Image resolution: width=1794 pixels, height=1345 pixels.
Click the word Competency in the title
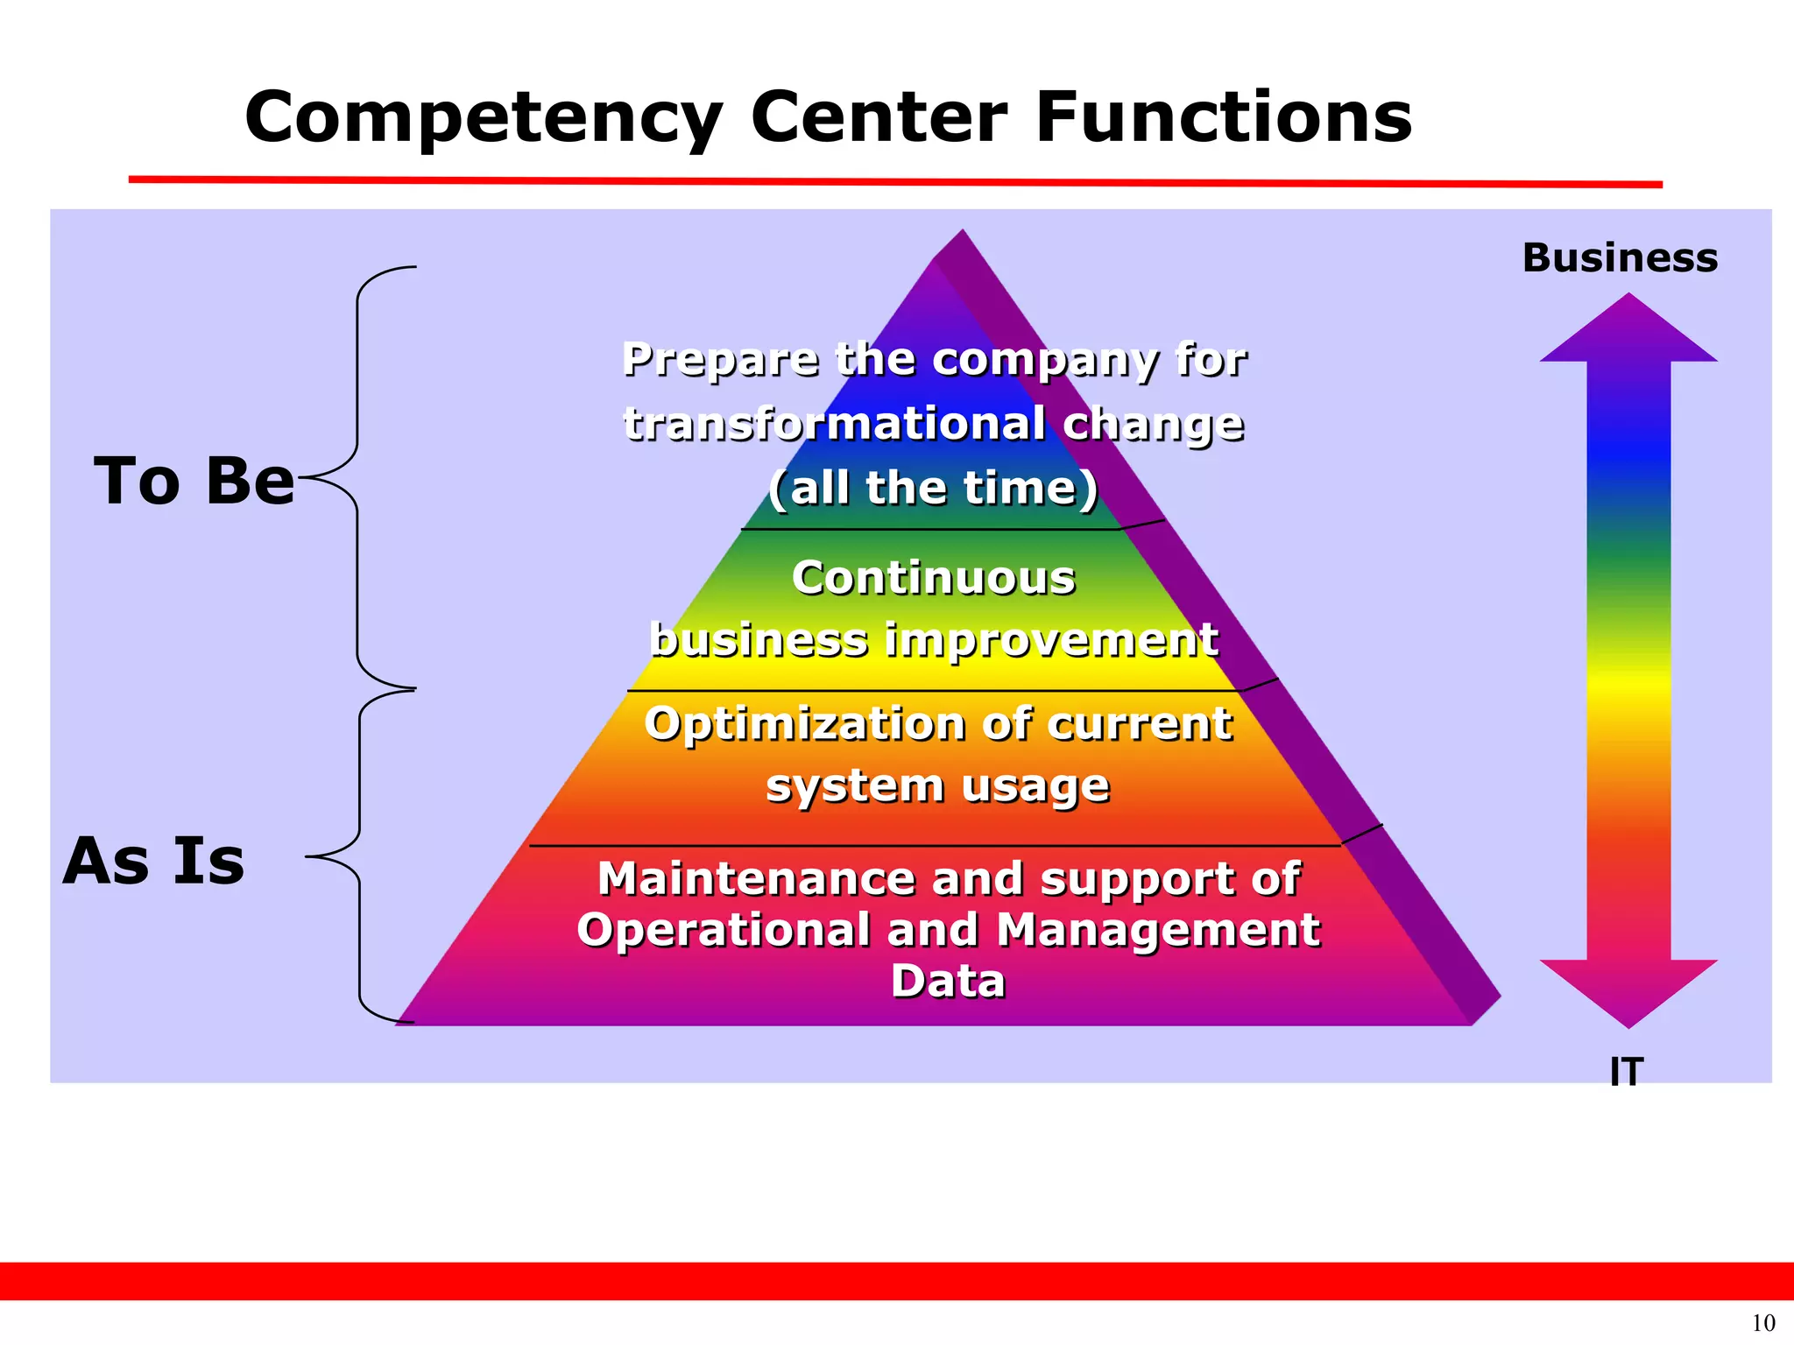point(484,118)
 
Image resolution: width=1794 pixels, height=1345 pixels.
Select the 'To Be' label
point(194,481)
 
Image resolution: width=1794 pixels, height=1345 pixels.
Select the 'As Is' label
point(154,862)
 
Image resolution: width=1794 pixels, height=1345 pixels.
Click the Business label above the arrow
point(1620,258)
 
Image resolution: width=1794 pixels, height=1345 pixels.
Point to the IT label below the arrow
point(1627,1072)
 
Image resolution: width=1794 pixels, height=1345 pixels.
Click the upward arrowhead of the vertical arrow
point(1628,328)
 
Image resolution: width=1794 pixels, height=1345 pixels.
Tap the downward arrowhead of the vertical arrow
point(1628,993)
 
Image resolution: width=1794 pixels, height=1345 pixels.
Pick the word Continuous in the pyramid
point(934,578)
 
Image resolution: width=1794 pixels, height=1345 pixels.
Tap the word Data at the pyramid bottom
point(948,981)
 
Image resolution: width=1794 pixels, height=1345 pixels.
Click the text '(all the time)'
point(934,489)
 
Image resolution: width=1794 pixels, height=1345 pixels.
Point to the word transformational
point(835,424)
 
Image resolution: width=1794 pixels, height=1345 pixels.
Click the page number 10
point(1762,1322)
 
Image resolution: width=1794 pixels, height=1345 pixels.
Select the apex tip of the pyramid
point(961,235)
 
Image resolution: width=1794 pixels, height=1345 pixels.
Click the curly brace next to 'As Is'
point(360,856)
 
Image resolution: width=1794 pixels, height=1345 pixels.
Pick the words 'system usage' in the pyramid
point(937,786)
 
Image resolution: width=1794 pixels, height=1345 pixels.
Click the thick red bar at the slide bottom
point(897,1280)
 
